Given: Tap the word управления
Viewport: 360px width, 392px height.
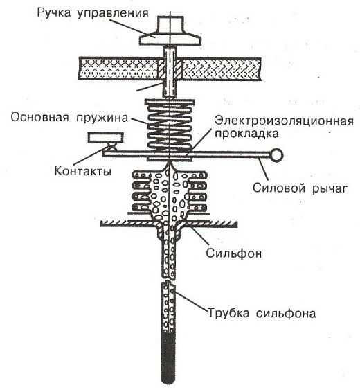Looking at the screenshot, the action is click(x=113, y=14).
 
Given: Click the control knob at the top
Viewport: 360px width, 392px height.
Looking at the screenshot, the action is click(x=170, y=30).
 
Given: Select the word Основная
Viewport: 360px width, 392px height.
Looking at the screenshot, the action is click(x=39, y=117).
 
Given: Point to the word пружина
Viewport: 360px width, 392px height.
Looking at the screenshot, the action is click(x=102, y=118).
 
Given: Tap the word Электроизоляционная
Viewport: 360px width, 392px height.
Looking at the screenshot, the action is click(x=285, y=121).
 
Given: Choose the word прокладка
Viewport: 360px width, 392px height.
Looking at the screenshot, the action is click(x=246, y=134).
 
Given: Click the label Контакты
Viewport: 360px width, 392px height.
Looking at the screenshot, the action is click(x=82, y=172).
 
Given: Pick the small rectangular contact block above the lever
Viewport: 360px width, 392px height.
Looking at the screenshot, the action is click(x=105, y=138).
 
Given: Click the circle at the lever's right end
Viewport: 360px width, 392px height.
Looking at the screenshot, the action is click(x=276, y=155).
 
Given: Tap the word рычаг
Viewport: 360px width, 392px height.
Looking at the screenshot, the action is click(x=330, y=189).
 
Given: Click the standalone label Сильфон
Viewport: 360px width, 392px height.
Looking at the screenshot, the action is click(x=234, y=253).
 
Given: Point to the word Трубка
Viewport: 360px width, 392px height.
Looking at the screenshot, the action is click(x=228, y=313).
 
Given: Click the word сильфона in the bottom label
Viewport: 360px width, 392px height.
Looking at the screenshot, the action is click(x=286, y=314).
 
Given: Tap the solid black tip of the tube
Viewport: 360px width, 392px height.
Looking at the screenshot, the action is click(x=168, y=357).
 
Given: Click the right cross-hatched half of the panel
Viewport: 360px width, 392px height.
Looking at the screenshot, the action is click(x=222, y=69).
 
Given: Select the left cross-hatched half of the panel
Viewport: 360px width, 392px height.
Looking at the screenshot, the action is click(x=118, y=69).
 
